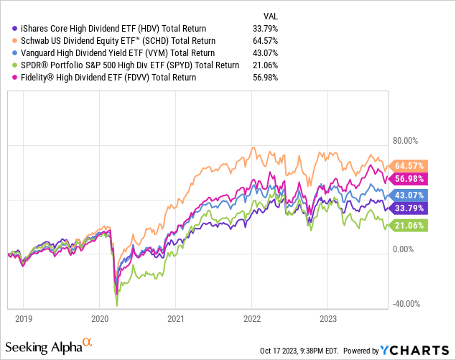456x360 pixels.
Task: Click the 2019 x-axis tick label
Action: [23, 316]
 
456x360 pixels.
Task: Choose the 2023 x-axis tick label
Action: [327, 316]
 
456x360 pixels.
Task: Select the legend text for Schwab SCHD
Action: [107, 42]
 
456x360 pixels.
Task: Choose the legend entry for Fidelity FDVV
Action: [101, 76]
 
